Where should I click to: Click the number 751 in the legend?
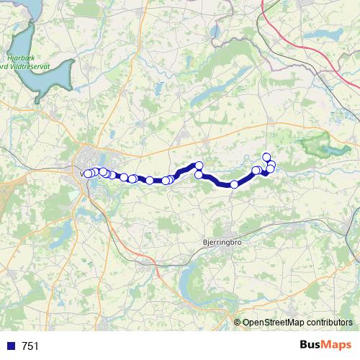(x=30, y=346)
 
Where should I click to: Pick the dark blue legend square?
(x=10, y=346)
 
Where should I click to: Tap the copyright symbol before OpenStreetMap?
(x=238, y=323)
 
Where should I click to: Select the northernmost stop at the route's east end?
(x=266, y=157)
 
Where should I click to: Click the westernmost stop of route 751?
(x=88, y=174)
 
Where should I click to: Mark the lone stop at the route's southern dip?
(x=234, y=184)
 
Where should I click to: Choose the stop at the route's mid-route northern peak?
(x=199, y=166)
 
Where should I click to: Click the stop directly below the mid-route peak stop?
(x=199, y=174)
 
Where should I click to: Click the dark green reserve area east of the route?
(x=317, y=144)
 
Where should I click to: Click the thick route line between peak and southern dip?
(x=216, y=180)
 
